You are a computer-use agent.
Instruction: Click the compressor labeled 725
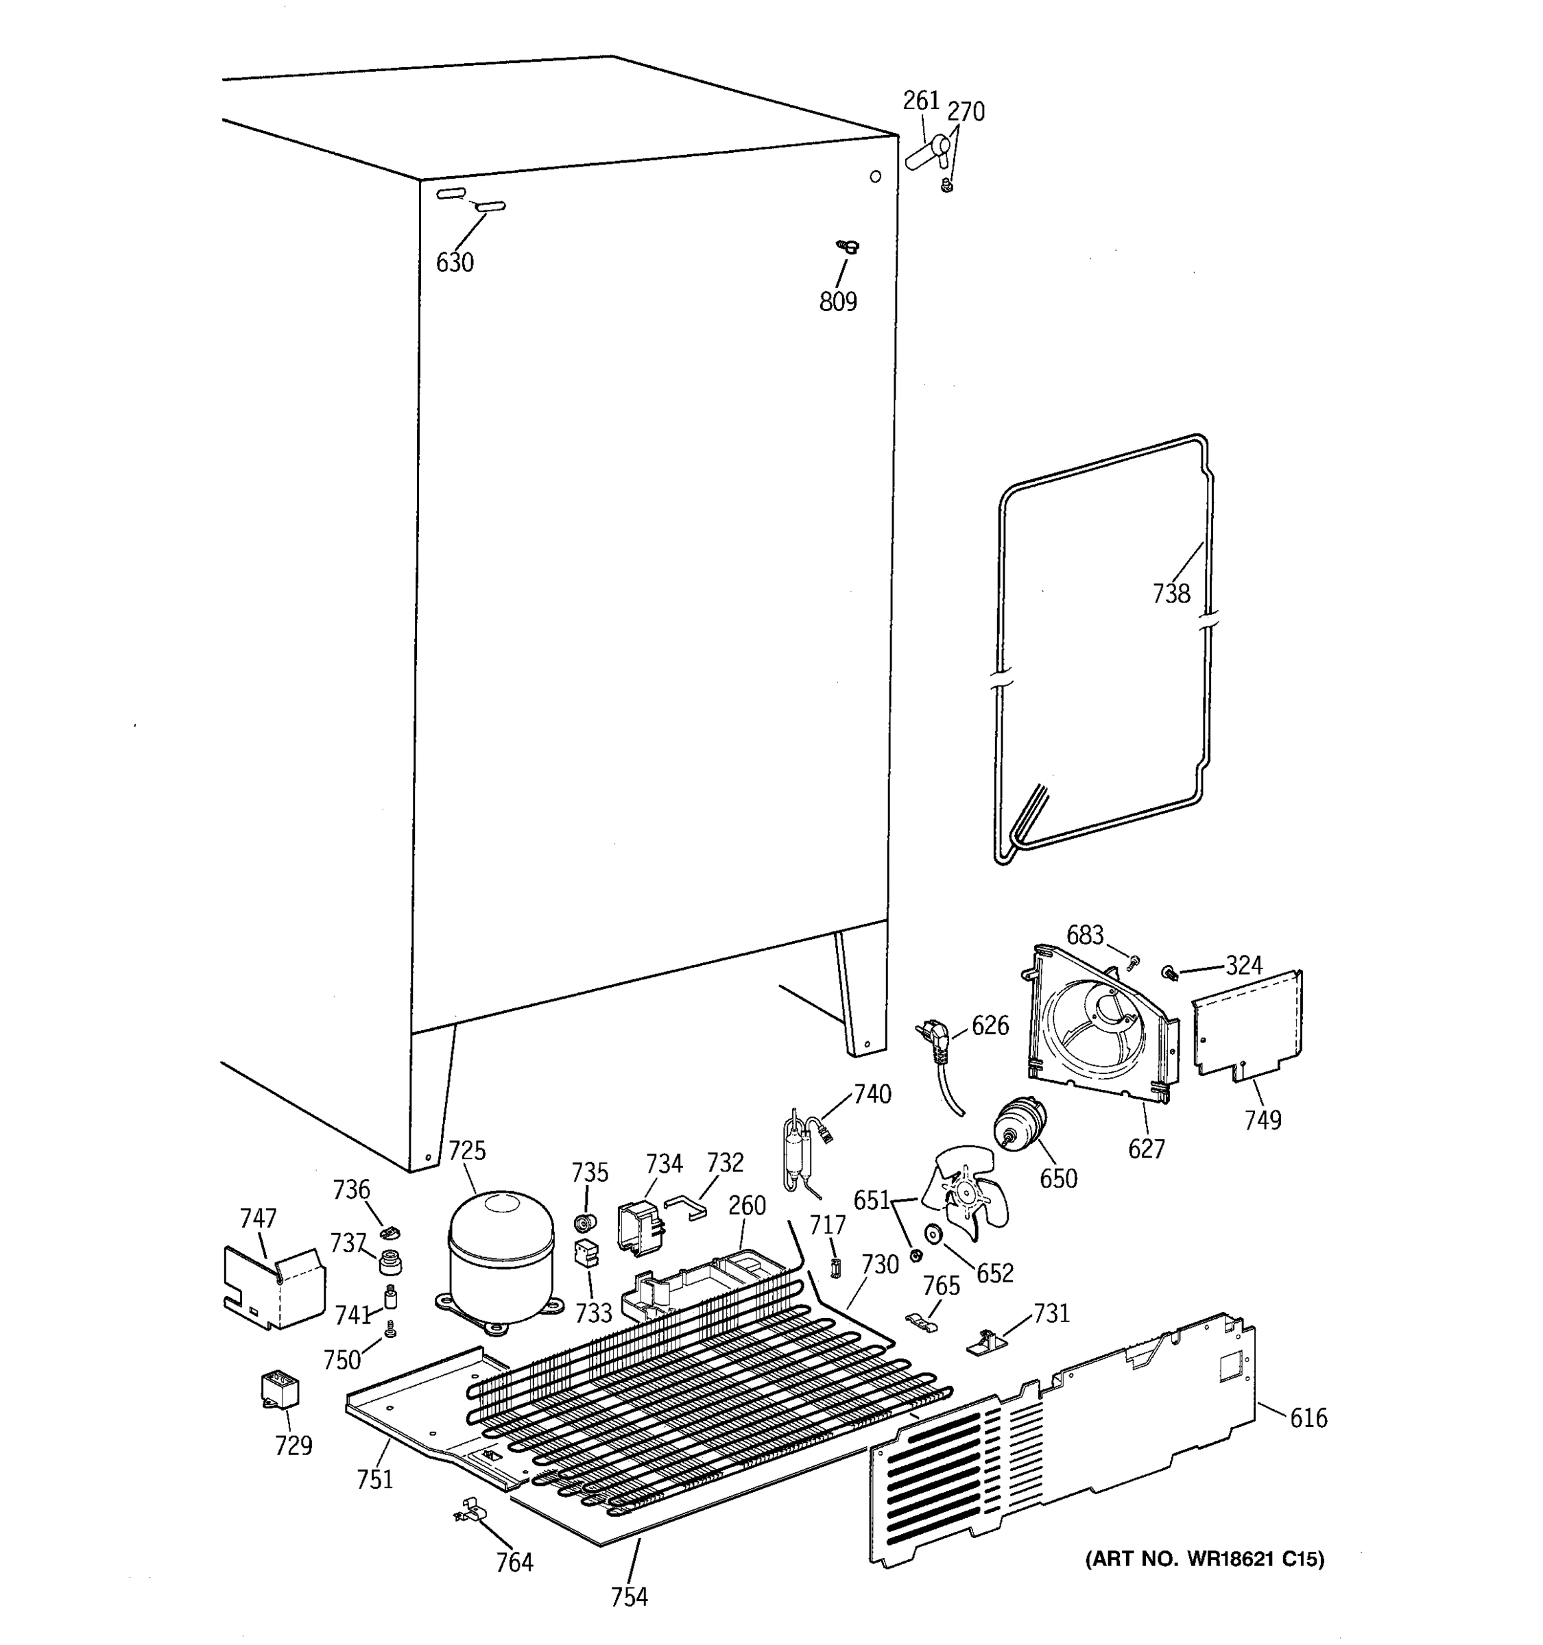coord(500,1257)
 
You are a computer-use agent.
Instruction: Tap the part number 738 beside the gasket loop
coord(1171,594)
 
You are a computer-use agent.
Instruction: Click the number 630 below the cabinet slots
coord(455,263)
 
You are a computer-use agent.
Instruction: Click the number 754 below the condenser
coord(629,1596)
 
